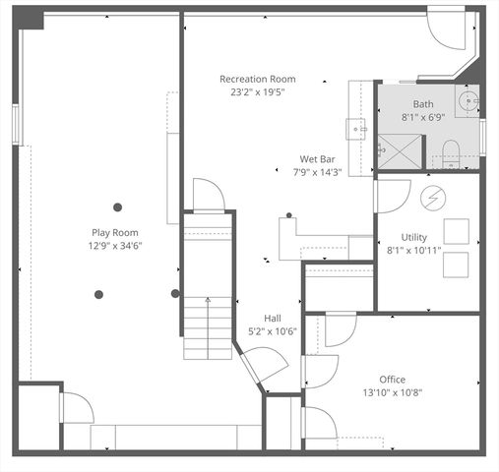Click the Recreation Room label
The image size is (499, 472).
click(257, 79)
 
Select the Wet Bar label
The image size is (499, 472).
click(317, 159)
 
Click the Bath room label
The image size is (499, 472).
click(423, 104)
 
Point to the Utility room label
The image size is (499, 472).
click(413, 237)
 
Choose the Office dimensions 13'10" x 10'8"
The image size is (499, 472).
click(393, 392)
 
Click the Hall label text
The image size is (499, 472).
click(273, 318)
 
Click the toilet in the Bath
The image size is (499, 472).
click(453, 153)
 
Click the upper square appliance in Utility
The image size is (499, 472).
click(456, 229)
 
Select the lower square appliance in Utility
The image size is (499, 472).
click(456, 265)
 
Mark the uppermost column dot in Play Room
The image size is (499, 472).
click(118, 206)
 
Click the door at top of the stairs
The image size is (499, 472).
click(209, 195)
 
